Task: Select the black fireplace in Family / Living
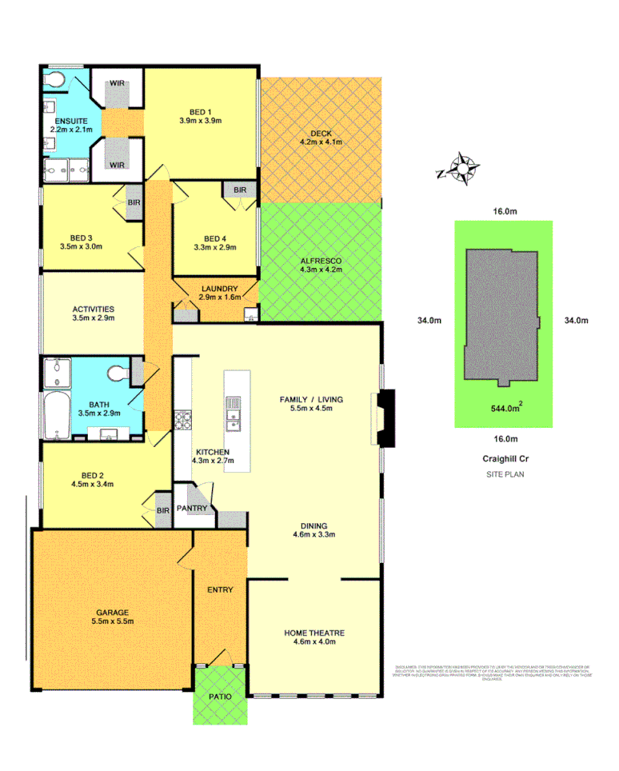(x=386, y=417)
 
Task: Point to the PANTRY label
(x=193, y=509)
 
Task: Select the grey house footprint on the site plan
(x=501, y=317)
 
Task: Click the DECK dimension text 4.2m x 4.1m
(x=320, y=142)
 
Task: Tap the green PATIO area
(x=221, y=696)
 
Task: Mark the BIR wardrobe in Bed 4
(x=239, y=190)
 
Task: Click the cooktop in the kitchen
(x=182, y=419)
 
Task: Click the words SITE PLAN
(x=505, y=474)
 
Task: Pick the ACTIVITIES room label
(x=93, y=309)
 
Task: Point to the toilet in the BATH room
(x=116, y=373)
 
